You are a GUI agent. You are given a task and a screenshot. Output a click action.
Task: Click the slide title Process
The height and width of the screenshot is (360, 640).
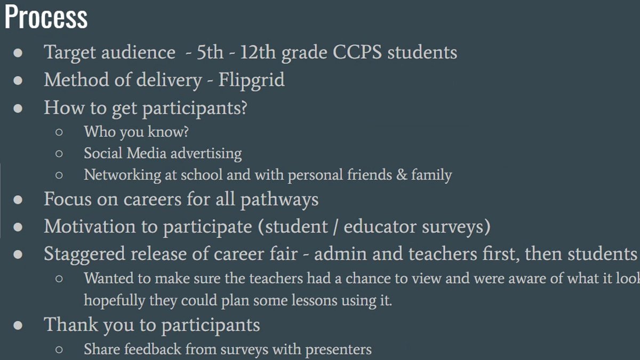pyautogui.click(x=46, y=17)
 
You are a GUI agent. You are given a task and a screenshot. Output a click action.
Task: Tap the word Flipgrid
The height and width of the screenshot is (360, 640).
pyautogui.click(x=252, y=80)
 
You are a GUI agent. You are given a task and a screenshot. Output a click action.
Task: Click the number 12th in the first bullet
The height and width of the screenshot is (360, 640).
pyautogui.click(x=258, y=52)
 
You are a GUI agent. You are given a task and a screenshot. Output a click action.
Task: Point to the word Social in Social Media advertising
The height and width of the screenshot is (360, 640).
pyautogui.click(x=103, y=154)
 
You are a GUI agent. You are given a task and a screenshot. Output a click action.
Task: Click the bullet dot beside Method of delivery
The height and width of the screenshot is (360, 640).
pyautogui.click(x=18, y=81)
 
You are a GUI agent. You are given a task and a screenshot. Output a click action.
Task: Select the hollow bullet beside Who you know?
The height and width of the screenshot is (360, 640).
pyautogui.click(x=59, y=133)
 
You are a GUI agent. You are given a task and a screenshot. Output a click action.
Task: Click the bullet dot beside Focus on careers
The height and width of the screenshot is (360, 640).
pyautogui.click(x=18, y=201)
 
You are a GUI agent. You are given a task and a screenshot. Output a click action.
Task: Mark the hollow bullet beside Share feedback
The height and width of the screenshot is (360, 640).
pyautogui.click(x=59, y=350)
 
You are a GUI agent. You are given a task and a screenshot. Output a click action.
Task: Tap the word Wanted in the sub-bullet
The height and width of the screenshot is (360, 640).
pyautogui.click(x=105, y=278)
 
